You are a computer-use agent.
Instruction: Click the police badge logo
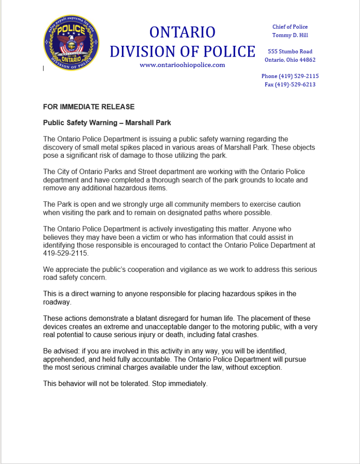point(71,43)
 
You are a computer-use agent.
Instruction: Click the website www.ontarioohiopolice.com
point(182,65)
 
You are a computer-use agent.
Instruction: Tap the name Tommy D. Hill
point(290,35)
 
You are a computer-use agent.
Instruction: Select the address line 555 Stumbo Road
point(290,52)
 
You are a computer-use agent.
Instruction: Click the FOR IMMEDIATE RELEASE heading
point(89,107)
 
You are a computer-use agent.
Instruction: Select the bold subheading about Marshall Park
point(107,123)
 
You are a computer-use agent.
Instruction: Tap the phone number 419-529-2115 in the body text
point(66,254)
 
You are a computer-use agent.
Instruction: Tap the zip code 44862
point(307,60)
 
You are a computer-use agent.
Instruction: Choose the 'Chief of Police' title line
point(290,27)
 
